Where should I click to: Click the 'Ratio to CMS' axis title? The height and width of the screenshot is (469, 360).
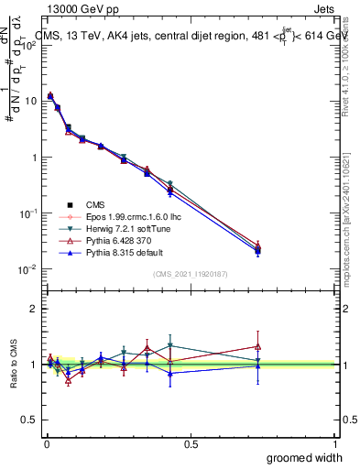coord(15,365)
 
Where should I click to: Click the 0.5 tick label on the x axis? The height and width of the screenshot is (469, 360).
coord(191,443)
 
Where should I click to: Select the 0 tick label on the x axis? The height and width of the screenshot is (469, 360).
coord(46,443)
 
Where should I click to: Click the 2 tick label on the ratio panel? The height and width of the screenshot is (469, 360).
coord(33,310)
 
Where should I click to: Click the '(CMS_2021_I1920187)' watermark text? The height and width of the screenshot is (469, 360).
coord(191,274)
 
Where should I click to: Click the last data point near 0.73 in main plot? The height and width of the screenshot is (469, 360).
coord(258,248)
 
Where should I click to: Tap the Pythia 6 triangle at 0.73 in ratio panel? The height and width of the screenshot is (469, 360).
coord(258,347)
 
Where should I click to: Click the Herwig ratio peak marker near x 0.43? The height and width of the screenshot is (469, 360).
coord(170,345)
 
